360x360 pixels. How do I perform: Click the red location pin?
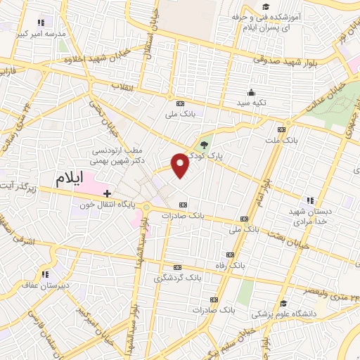tap(181, 165)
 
